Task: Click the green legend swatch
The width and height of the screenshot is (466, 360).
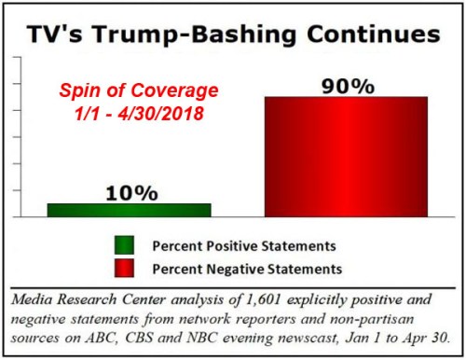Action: pos(125,245)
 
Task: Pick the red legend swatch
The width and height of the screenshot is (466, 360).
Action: pos(125,267)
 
